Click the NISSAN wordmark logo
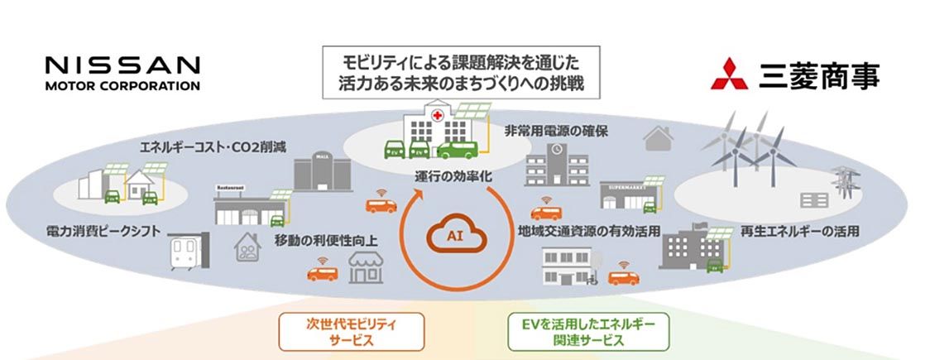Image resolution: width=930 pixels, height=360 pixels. coord(122,65)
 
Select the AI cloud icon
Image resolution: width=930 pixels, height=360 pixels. coord(454,235)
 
